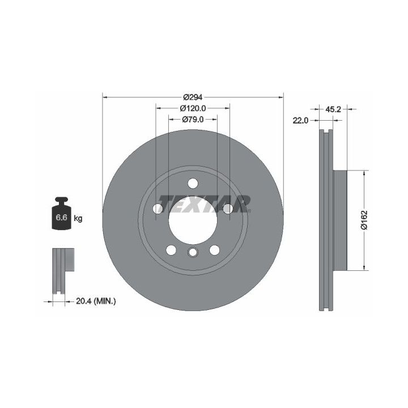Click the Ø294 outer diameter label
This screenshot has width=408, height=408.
pyautogui.click(x=193, y=97)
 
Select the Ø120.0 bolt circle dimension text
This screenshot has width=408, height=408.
pyautogui.click(x=193, y=108)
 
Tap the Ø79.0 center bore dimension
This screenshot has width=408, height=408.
pyautogui.click(x=193, y=120)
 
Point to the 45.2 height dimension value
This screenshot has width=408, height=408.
pyautogui.click(x=333, y=109)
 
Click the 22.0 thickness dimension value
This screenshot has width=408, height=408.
pyautogui.click(x=300, y=121)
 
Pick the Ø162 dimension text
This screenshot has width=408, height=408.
pyautogui.click(x=364, y=220)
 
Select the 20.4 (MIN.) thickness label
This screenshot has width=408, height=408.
pyautogui.click(x=96, y=301)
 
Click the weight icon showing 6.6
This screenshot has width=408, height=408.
pyautogui.click(x=61, y=214)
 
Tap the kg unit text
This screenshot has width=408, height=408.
pyautogui.click(x=78, y=218)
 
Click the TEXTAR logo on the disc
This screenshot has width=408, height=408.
pyautogui.click(x=205, y=204)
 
